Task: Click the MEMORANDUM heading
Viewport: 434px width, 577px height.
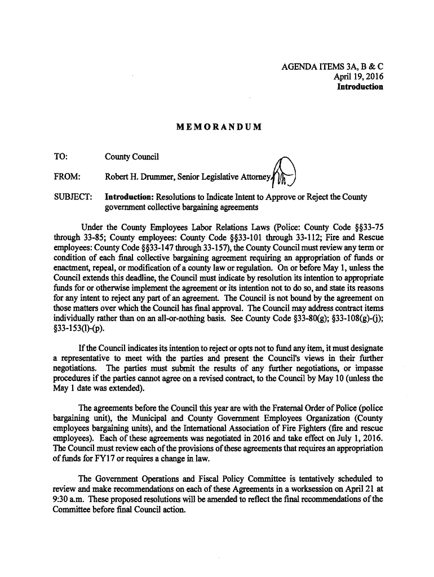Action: pos(219,127)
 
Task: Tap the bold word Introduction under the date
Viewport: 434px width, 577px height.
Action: pos(360,87)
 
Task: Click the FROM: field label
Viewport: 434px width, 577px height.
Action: pos(67,176)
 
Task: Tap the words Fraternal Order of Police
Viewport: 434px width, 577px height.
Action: pos(309,407)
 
